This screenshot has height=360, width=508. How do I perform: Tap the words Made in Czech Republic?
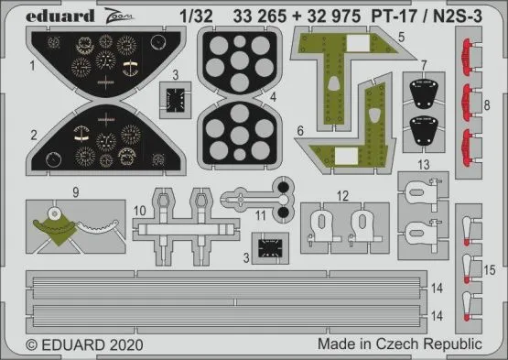398,344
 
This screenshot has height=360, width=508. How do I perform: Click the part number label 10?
136,210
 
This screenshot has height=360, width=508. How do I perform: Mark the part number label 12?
341,195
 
